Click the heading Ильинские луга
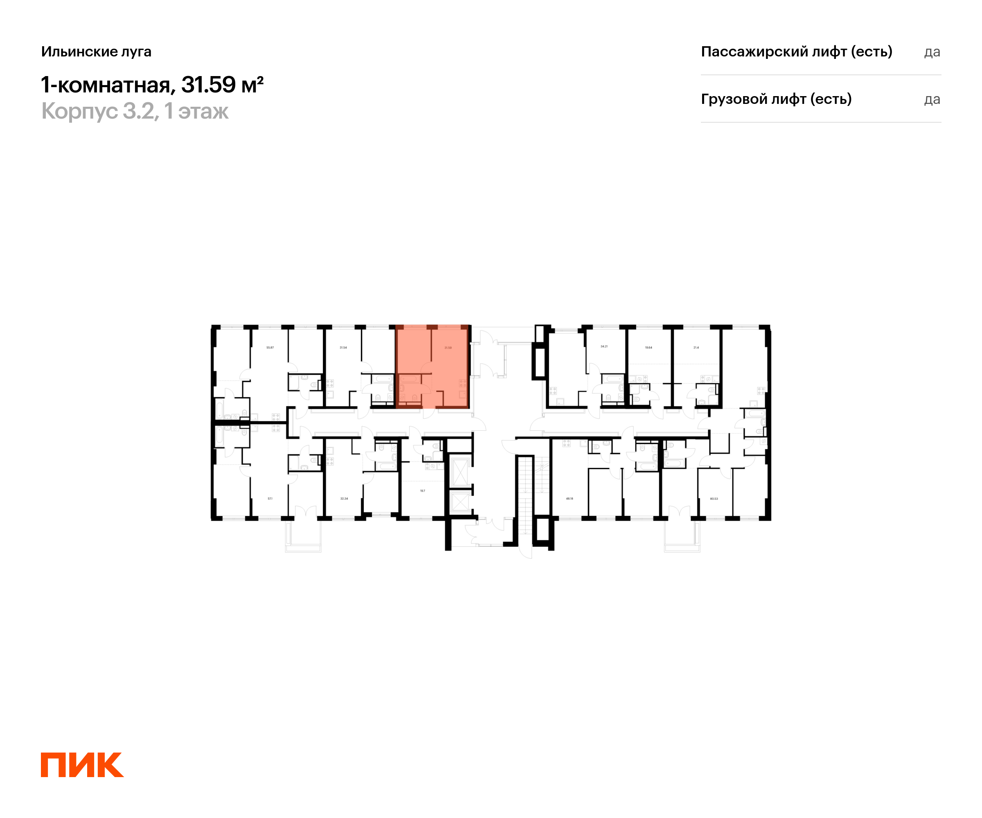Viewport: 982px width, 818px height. [96, 52]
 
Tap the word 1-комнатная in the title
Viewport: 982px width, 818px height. [106, 85]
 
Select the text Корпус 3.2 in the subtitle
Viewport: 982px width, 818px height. [98, 111]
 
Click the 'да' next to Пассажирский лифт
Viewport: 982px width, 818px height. [932, 52]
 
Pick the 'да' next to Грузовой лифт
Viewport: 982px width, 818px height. [932, 99]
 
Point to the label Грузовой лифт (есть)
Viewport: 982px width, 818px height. [776, 99]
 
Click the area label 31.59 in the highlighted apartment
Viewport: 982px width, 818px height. [448, 348]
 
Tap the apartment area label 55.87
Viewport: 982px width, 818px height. [270, 348]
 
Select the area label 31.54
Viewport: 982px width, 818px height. [343, 348]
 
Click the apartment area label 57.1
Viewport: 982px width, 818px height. [270, 499]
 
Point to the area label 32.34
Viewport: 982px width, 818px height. [344, 499]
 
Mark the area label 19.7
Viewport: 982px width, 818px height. [422, 491]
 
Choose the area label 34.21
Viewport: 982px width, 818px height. [604, 346]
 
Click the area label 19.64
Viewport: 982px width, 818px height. [649, 348]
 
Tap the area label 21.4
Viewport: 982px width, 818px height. [696, 348]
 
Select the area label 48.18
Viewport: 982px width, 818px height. [570, 499]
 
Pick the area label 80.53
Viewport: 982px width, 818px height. [714, 499]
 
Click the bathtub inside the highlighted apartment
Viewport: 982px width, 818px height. [409, 379]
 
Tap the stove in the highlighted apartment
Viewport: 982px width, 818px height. [462, 384]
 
